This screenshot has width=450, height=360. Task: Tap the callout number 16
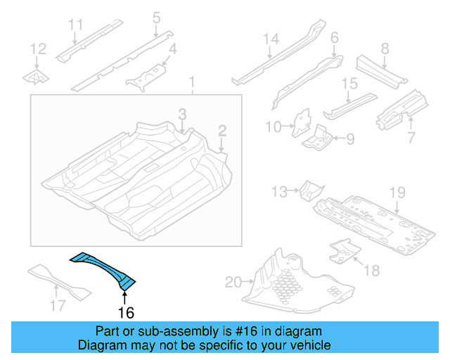point(126,312)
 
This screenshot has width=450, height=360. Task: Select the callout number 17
point(58,305)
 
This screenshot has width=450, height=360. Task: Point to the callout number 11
point(75,26)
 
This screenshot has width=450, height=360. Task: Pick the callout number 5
point(156,17)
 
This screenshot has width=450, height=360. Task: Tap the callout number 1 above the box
point(191,86)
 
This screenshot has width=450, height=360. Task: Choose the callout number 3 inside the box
point(181,114)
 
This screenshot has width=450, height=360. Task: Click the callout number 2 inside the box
point(221,130)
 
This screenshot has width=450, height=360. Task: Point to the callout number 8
point(385,49)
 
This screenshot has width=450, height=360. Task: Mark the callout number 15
point(349,84)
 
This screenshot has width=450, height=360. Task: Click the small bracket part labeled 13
point(310,190)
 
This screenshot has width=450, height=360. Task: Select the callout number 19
point(397,192)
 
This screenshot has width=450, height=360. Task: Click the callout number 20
point(233,283)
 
